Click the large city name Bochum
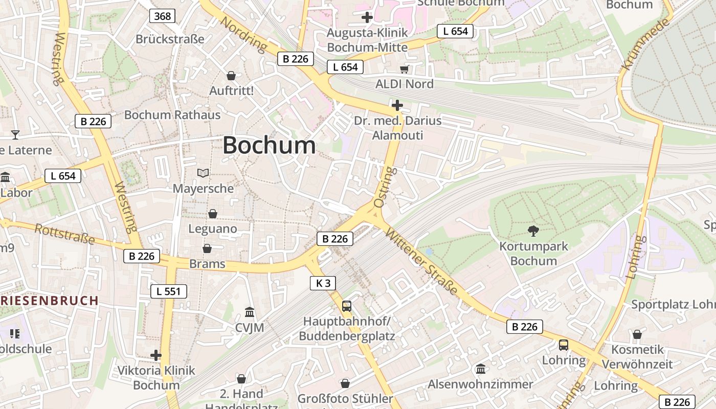click(x=269, y=146)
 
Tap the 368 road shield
click(x=163, y=16)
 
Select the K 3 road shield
click(x=323, y=283)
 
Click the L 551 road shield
click(x=169, y=291)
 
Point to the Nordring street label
click(x=244, y=34)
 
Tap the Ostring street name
click(x=384, y=187)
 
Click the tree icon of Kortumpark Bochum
click(x=533, y=231)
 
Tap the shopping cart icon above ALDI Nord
click(x=405, y=69)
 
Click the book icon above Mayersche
click(x=203, y=173)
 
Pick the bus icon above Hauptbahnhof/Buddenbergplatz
click(x=347, y=306)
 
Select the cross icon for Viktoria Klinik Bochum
click(x=156, y=355)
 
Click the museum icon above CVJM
click(x=250, y=312)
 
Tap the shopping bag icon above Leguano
click(x=212, y=214)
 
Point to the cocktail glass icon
click(x=15, y=135)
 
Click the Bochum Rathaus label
click(x=172, y=115)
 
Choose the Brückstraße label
click(x=170, y=39)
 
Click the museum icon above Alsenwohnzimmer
click(x=481, y=369)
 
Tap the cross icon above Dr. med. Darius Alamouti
click(x=397, y=106)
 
